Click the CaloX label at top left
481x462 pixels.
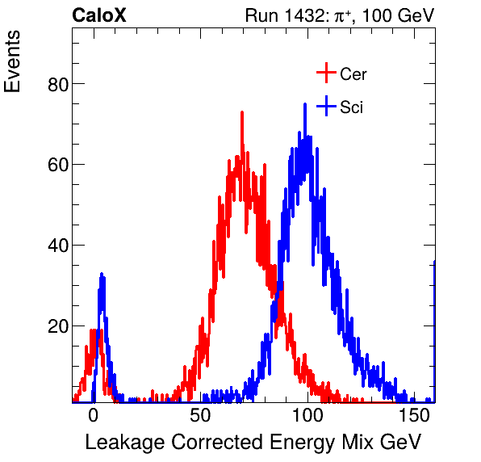point(98,15)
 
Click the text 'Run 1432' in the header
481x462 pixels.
point(278,15)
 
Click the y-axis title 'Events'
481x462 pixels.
point(14,64)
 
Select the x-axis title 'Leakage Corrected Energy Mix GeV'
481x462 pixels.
point(253,442)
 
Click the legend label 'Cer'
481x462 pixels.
point(353,74)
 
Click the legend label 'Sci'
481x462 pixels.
point(351,107)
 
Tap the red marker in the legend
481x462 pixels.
point(325,73)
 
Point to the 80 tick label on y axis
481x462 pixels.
point(54,84)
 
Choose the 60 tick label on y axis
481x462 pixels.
point(54,165)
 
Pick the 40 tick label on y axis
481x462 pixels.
point(54,246)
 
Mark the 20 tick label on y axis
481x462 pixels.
point(54,326)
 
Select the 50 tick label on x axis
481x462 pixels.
point(200,415)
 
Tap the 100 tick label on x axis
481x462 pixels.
point(307,415)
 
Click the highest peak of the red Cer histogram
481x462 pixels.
point(241,113)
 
